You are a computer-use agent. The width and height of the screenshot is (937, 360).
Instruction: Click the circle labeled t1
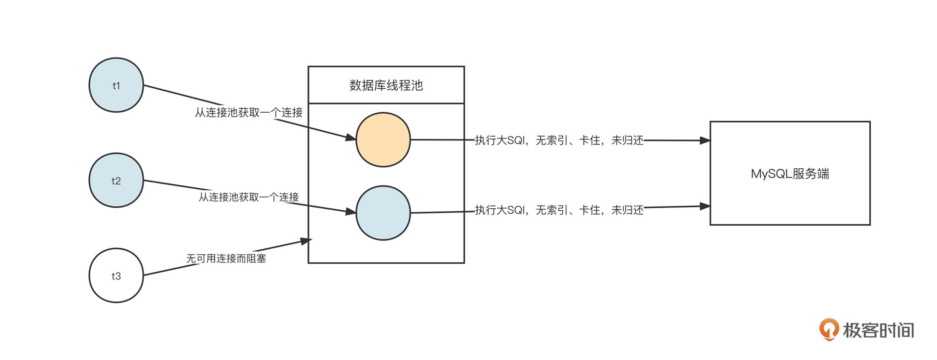click(x=116, y=85)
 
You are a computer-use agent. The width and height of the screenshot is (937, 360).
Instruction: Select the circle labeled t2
click(x=116, y=180)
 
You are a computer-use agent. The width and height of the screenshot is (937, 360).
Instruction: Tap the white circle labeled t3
click(x=116, y=276)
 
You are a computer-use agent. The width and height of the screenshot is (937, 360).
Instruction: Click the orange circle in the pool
click(x=383, y=140)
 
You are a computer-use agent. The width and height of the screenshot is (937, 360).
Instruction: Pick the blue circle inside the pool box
click(x=383, y=213)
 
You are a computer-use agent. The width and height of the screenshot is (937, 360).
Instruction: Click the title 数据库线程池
click(x=386, y=85)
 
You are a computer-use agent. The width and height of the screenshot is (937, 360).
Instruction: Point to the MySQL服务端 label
click(x=790, y=174)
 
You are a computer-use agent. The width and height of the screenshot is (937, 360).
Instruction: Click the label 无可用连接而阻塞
click(x=226, y=259)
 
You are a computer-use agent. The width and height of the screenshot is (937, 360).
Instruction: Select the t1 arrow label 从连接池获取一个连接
click(x=249, y=113)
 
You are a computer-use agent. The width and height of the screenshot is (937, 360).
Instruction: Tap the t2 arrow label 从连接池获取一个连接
click(x=249, y=197)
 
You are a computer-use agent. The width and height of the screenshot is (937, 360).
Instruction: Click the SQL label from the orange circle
click(x=559, y=140)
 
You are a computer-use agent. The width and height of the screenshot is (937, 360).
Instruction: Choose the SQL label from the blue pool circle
click(x=559, y=210)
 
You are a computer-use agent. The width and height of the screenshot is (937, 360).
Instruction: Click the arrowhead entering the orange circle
click(x=351, y=138)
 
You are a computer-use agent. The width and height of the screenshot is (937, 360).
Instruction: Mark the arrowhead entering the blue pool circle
click(x=351, y=212)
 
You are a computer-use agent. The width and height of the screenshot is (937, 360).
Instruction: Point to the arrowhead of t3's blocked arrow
click(x=306, y=241)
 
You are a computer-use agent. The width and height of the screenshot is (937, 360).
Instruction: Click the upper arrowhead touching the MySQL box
click(x=705, y=140)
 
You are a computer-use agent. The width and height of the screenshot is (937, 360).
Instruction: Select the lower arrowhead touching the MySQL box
click(x=705, y=206)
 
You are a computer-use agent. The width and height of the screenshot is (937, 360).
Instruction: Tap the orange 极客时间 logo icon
click(x=829, y=329)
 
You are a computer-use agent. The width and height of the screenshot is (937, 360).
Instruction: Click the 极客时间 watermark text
click(x=878, y=330)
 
